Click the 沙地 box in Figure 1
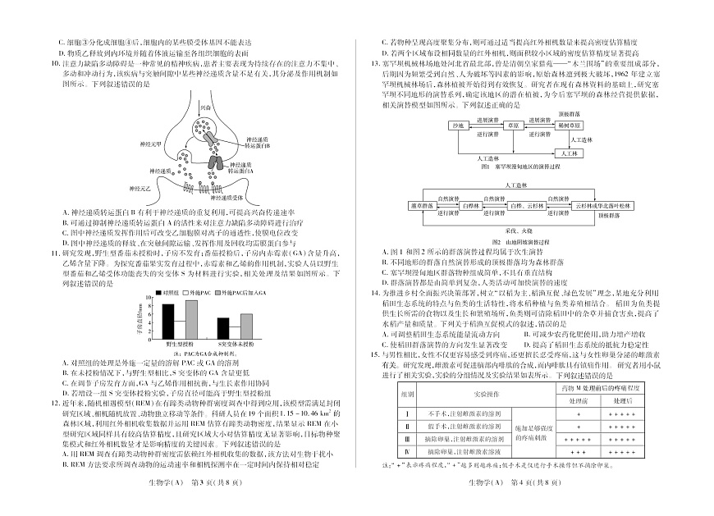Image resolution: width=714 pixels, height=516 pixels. tap(457, 126)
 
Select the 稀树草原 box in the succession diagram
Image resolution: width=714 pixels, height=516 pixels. tap(569, 126)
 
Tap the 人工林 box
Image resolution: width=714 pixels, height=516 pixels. tap(568, 153)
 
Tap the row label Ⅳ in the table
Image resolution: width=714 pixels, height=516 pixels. tap(407, 452)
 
